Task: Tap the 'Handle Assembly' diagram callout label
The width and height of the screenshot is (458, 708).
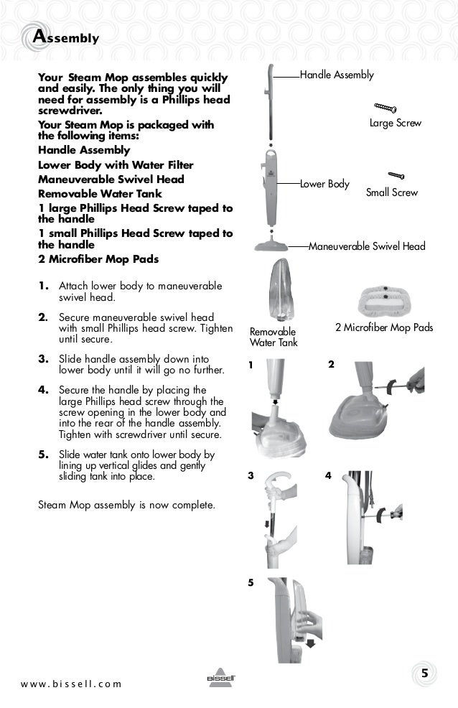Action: tap(336, 75)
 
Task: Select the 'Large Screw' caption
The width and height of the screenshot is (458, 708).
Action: tap(395, 124)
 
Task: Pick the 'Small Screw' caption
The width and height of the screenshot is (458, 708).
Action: tap(391, 192)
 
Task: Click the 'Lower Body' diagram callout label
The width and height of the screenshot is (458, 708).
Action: tap(324, 184)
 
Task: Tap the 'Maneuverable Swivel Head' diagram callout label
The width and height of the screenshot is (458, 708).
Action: tap(366, 246)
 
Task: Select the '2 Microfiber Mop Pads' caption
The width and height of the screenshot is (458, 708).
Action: tap(384, 327)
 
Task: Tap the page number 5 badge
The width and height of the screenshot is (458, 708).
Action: tap(425, 673)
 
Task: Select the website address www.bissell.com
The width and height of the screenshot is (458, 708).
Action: tap(71, 683)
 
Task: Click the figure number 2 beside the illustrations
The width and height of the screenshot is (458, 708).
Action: tap(330, 365)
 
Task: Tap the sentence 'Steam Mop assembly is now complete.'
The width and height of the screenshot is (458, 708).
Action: tap(126, 504)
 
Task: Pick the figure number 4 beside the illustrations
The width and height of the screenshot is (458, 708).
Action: tap(328, 475)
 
